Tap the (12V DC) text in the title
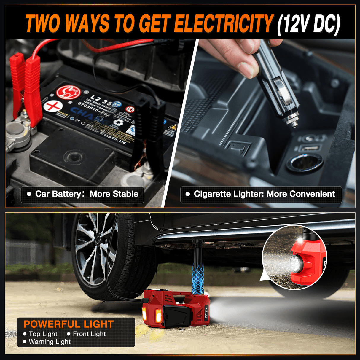[x=308, y=24]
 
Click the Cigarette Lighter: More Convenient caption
[x=261, y=194]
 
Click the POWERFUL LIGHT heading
[x=69, y=324]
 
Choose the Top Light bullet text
[x=43, y=334]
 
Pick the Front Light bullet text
[x=89, y=334]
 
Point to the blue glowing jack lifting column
[x=197, y=276]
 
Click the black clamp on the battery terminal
[x=156, y=125]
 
